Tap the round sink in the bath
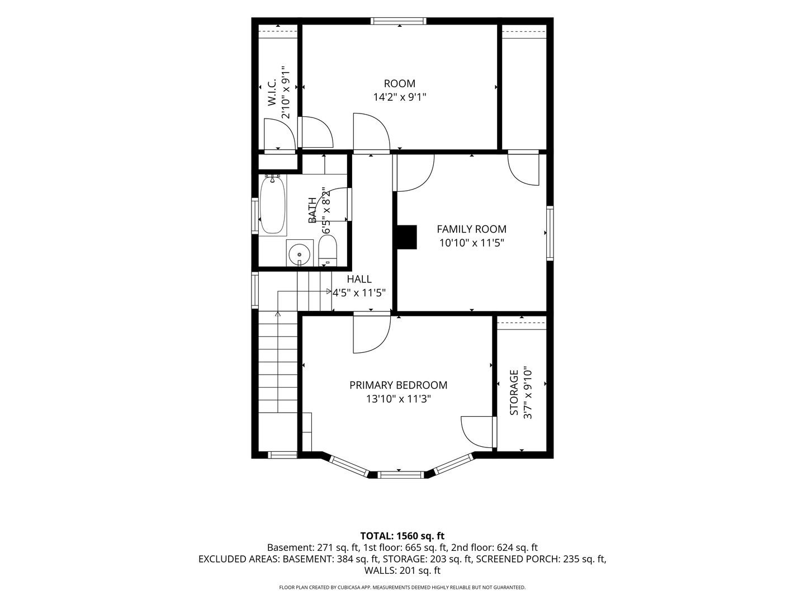click(x=300, y=254)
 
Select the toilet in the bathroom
click(x=328, y=250)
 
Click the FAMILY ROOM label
click(x=471, y=229)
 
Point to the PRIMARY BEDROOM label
click(x=398, y=385)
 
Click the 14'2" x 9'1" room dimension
click(x=400, y=97)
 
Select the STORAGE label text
click(x=514, y=393)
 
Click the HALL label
click(x=359, y=279)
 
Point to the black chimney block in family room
click(x=407, y=237)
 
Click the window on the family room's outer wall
click(x=550, y=233)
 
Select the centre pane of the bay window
click(x=400, y=475)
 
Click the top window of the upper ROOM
click(x=398, y=21)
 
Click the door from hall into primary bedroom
click(x=372, y=332)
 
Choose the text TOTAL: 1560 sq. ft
click(x=402, y=536)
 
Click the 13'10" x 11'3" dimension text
click(x=398, y=399)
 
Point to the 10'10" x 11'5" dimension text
click(x=472, y=243)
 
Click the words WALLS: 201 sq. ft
click(x=402, y=570)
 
